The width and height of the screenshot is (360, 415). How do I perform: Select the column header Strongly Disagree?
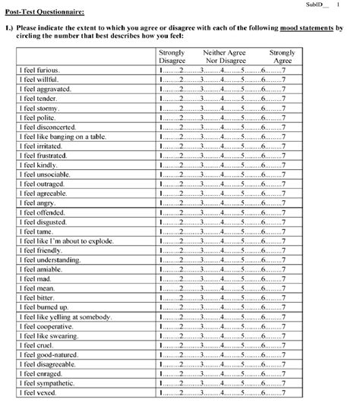[x=172, y=57]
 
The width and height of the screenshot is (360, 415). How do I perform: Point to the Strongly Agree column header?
[x=283, y=57]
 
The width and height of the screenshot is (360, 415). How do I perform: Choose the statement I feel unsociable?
[x=43, y=174]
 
